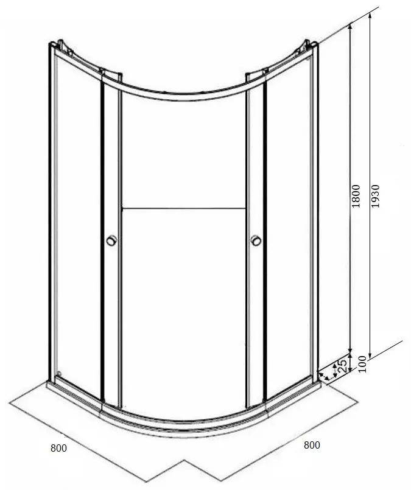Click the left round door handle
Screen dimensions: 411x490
tap(111, 240)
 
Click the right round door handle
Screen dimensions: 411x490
tap(256, 240)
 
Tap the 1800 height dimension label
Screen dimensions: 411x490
tap(356, 196)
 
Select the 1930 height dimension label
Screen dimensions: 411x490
tap(374, 196)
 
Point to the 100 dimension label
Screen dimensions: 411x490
tap(362, 364)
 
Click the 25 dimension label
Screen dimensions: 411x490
tap(342, 366)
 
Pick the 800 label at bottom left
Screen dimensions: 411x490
tap(59, 448)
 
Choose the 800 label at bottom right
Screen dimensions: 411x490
tap(312, 445)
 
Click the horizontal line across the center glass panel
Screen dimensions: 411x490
tap(183, 208)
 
